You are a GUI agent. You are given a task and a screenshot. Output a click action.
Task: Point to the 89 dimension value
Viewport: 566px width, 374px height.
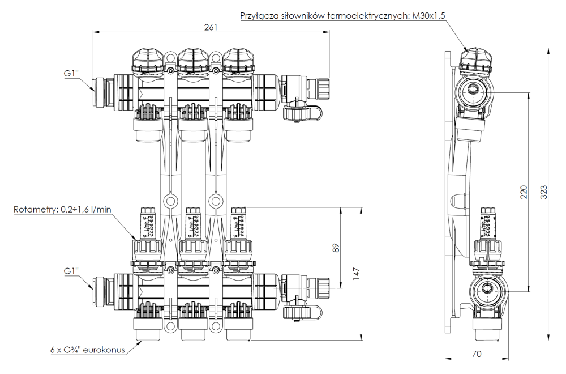coord(336,248)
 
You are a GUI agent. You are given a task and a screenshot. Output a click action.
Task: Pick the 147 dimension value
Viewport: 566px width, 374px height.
coord(356,273)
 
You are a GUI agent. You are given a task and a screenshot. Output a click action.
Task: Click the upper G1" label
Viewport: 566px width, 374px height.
coord(70,74)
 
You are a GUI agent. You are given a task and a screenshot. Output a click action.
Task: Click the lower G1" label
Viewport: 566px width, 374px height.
coord(70,271)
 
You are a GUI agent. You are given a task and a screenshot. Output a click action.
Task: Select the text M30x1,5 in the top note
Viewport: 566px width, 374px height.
coord(429,16)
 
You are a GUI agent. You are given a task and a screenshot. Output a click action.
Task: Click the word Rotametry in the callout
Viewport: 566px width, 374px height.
coord(33,210)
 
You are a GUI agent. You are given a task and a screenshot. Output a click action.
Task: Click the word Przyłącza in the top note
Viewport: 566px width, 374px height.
coord(259,16)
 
